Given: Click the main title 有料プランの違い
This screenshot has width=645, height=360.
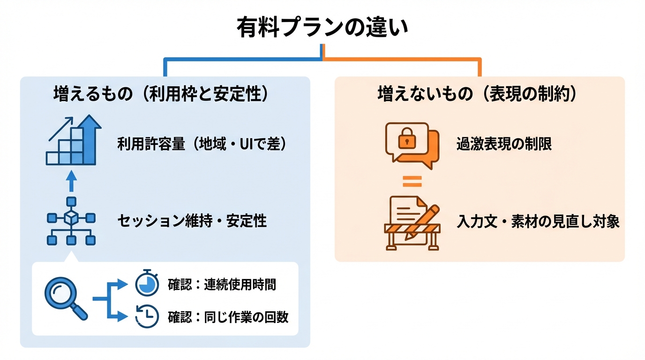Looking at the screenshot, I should tap(322, 27).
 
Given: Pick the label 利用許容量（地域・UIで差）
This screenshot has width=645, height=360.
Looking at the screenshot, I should tap(202, 144).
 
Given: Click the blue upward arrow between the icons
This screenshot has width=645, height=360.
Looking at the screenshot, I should tap(71, 181).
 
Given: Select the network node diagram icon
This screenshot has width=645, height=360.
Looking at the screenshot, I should tap(71, 221).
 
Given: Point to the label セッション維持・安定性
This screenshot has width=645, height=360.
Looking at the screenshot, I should tap(192, 221).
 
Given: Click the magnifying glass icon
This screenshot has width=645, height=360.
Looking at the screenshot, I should tap(65, 299).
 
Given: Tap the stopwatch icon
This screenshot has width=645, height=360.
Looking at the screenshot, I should tap(147, 283).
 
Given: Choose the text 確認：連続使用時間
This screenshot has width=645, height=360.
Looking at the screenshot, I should tap(222, 285).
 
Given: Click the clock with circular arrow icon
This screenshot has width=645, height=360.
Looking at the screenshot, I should tap(147, 316).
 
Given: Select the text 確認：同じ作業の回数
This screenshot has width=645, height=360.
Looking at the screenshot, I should tap(228, 317).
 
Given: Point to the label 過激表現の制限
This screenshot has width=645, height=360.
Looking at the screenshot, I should tap(504, 144).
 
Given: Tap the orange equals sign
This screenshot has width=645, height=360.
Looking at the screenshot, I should tap(412, 181).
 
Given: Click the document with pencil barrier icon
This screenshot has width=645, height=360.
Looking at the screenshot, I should tap(412, 223).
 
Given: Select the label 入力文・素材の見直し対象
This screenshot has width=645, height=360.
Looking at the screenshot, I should tap(538, 221).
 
